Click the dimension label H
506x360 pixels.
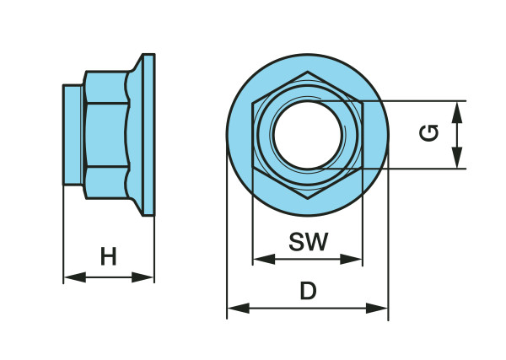108,256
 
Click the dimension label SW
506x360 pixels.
308,242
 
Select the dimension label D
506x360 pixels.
308,292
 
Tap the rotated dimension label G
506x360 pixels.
429,133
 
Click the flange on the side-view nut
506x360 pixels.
148,135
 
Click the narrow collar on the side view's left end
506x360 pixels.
73,135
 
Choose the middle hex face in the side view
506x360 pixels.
105,135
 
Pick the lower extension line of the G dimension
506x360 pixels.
413,169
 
